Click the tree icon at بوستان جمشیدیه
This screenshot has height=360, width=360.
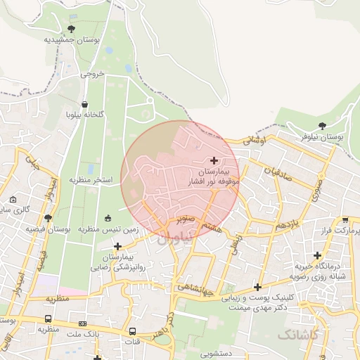point(70,29)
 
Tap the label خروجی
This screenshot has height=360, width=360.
point(92,73)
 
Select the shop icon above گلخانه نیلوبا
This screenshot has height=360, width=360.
point(85,104)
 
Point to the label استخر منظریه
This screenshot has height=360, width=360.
point(90,180)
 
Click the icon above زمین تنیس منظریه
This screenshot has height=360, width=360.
point(108,218)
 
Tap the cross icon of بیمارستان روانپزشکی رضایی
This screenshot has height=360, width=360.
point(117,246)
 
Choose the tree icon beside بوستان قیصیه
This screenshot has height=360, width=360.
point(48,218)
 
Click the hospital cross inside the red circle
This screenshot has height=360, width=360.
point(214,161)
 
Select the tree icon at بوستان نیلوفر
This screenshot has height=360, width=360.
point(322,126)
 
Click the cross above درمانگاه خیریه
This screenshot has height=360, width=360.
point(318,255)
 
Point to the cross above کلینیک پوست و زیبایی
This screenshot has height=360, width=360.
point(259,286)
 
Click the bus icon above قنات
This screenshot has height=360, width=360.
point(133,331)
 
